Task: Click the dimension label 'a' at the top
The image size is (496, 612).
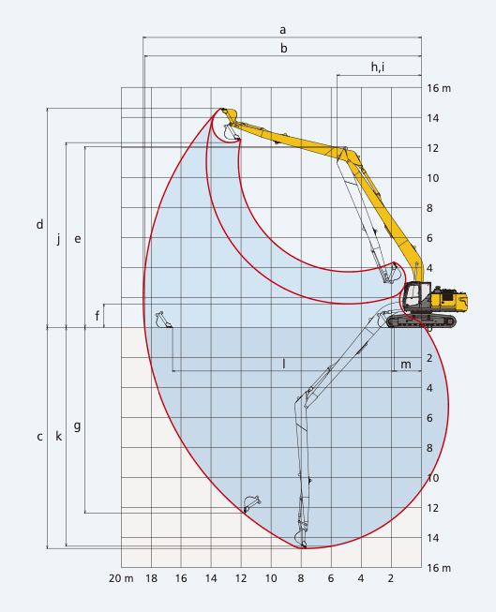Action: [x=282, y=30]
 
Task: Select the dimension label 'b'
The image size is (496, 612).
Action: [x=283, y=48]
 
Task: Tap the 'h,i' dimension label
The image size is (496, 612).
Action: [x=378, y=67]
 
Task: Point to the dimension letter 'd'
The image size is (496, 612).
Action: [x=39, y=224]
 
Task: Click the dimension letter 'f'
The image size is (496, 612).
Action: [x=97, y=315]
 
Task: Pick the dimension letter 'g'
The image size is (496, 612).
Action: [x=77, y=425]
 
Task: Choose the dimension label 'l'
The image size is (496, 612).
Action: [x=284, y=364]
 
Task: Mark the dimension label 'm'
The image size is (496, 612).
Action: [x=406, y=365]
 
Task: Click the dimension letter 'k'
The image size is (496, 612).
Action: [x=58, y=436]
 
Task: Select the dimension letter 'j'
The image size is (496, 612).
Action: [x=58, y=238]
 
